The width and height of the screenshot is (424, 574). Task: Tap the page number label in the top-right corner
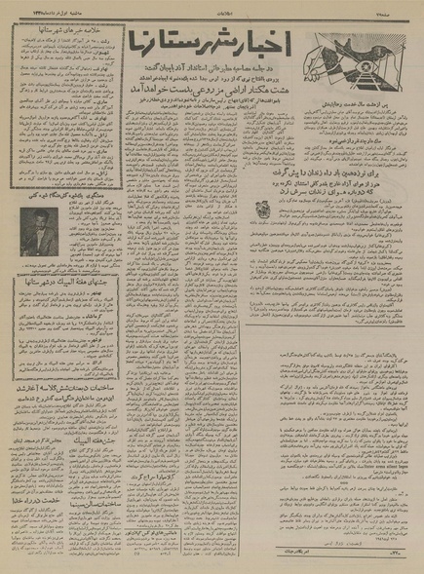[401, 7]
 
